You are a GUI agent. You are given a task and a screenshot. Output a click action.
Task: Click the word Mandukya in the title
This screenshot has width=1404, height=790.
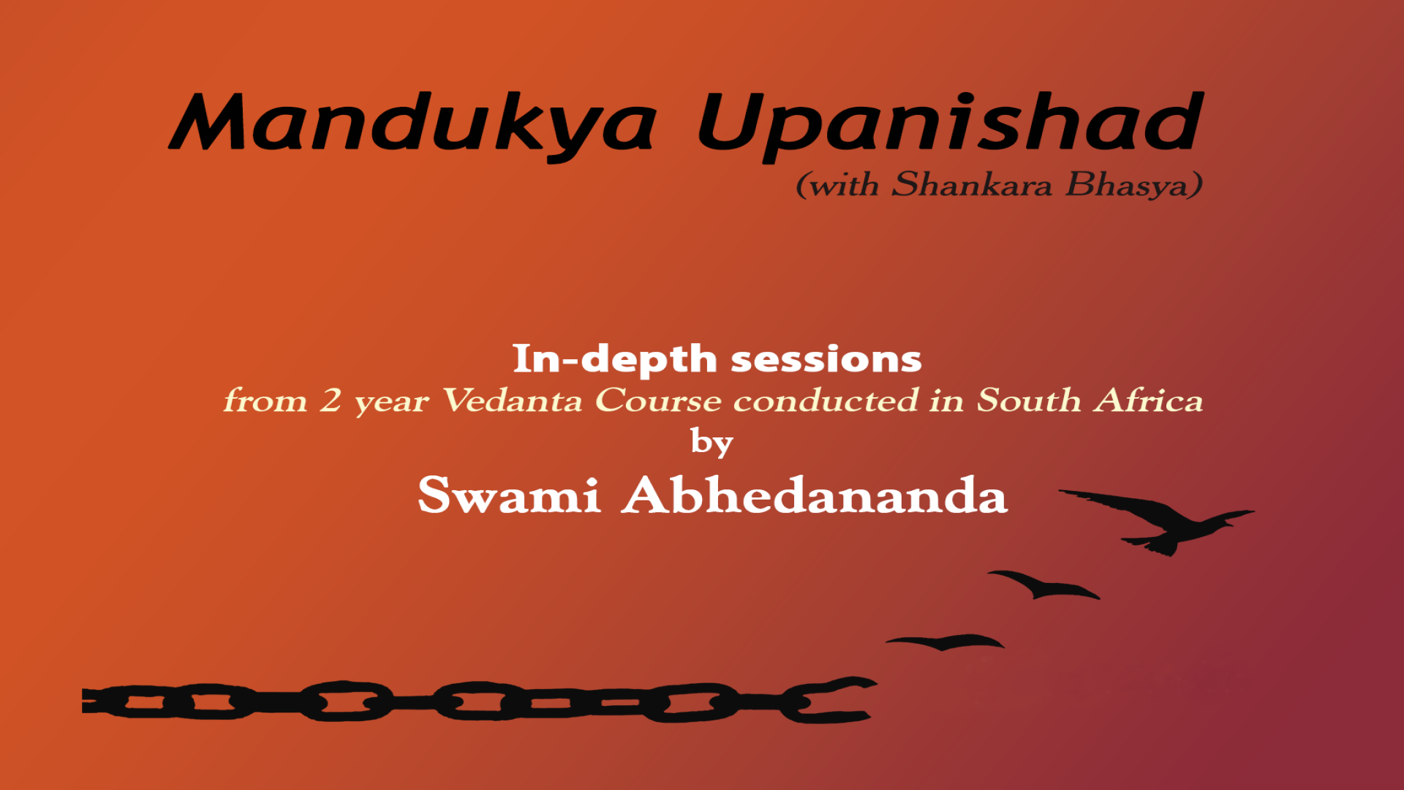coord(413,124)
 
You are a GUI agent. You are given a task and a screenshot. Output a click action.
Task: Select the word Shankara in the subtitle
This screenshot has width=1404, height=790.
coord(972,184)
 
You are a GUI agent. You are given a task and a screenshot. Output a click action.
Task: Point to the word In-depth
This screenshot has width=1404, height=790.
coord(615,359)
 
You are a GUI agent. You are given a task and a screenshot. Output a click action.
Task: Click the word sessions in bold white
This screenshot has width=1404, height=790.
coord(826,359)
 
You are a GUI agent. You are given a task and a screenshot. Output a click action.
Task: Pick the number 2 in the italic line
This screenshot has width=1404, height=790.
coord(331,400)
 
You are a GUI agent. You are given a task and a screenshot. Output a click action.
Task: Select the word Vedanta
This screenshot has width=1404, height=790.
coord(512,400)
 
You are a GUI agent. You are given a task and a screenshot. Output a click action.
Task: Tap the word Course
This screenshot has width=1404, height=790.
coord(658,400)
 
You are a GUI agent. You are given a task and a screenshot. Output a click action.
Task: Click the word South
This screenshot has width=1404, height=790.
coord(1029,400)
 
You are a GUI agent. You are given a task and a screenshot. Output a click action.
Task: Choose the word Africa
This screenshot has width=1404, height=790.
coord(1149,400)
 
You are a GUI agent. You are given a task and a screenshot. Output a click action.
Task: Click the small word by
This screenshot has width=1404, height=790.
coord(712,443)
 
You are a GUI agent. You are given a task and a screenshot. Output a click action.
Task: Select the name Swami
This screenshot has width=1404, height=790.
coord(510,495)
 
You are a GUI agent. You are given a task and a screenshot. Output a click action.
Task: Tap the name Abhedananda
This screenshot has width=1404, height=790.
coord(815,495)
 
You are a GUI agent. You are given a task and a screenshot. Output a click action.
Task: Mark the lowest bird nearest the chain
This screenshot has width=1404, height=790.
coord(945,642)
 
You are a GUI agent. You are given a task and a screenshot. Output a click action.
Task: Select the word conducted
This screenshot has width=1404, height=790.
coord(826,400)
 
